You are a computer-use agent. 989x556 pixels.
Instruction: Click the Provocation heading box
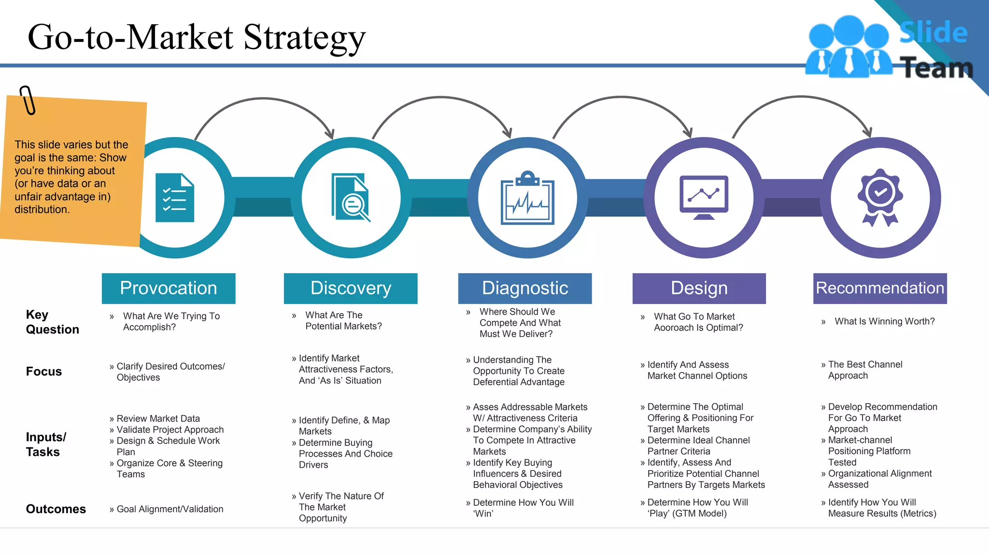click(x=169, y=288)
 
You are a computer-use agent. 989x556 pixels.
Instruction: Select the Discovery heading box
click(x=351, y=288)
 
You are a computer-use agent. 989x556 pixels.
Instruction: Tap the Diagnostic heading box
click(x=525, y=288)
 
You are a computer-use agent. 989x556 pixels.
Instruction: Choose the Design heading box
click(x=699, y=288)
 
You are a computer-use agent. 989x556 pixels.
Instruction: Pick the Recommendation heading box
click(x=880, y=288)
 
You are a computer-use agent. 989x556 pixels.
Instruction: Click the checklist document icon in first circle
click(x=175, y=198)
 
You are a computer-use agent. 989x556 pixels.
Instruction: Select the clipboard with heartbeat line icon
click(x=527, y=198)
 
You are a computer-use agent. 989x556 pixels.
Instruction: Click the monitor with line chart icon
click(x=704, y=197)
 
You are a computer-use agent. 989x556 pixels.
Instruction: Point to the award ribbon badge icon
click(x=880, y=197)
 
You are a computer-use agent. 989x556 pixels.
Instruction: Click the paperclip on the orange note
click(x=28, y=100)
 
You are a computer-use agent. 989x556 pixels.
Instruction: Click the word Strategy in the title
click(x=304, y=37)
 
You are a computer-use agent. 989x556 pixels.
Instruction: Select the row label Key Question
click(x=52, y=322)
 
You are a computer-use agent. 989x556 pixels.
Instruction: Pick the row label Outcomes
click(x=56, y=509)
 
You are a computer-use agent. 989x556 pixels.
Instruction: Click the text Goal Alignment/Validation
click(x=170, y=509)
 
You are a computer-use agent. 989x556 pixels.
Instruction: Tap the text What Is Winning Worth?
click(x=884, y=321)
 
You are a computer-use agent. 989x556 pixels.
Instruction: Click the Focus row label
click(x=44, y=372)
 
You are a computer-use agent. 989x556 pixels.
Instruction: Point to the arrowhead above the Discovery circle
click(x=330, y=134)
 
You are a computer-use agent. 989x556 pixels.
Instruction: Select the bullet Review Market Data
click(x=158, y=418)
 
